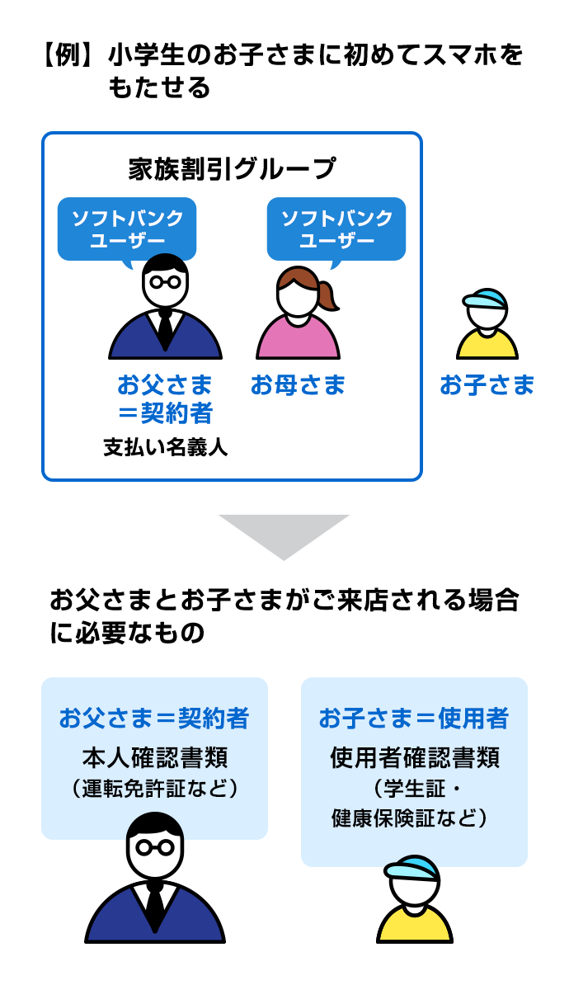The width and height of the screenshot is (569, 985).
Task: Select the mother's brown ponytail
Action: tap(327, 294)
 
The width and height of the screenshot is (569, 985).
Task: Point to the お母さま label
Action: tap(299, 384)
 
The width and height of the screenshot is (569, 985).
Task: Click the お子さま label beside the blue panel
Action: tap(487, 384)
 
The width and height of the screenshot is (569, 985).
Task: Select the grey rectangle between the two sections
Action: tap(284, 538)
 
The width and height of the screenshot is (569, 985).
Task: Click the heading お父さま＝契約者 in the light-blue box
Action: tap(154, 719)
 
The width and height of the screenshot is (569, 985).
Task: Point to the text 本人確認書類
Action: tap(154, 756)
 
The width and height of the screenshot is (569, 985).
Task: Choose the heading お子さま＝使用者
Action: tap(414, 719)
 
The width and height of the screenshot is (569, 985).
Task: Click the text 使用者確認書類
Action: tap(414, 756)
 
